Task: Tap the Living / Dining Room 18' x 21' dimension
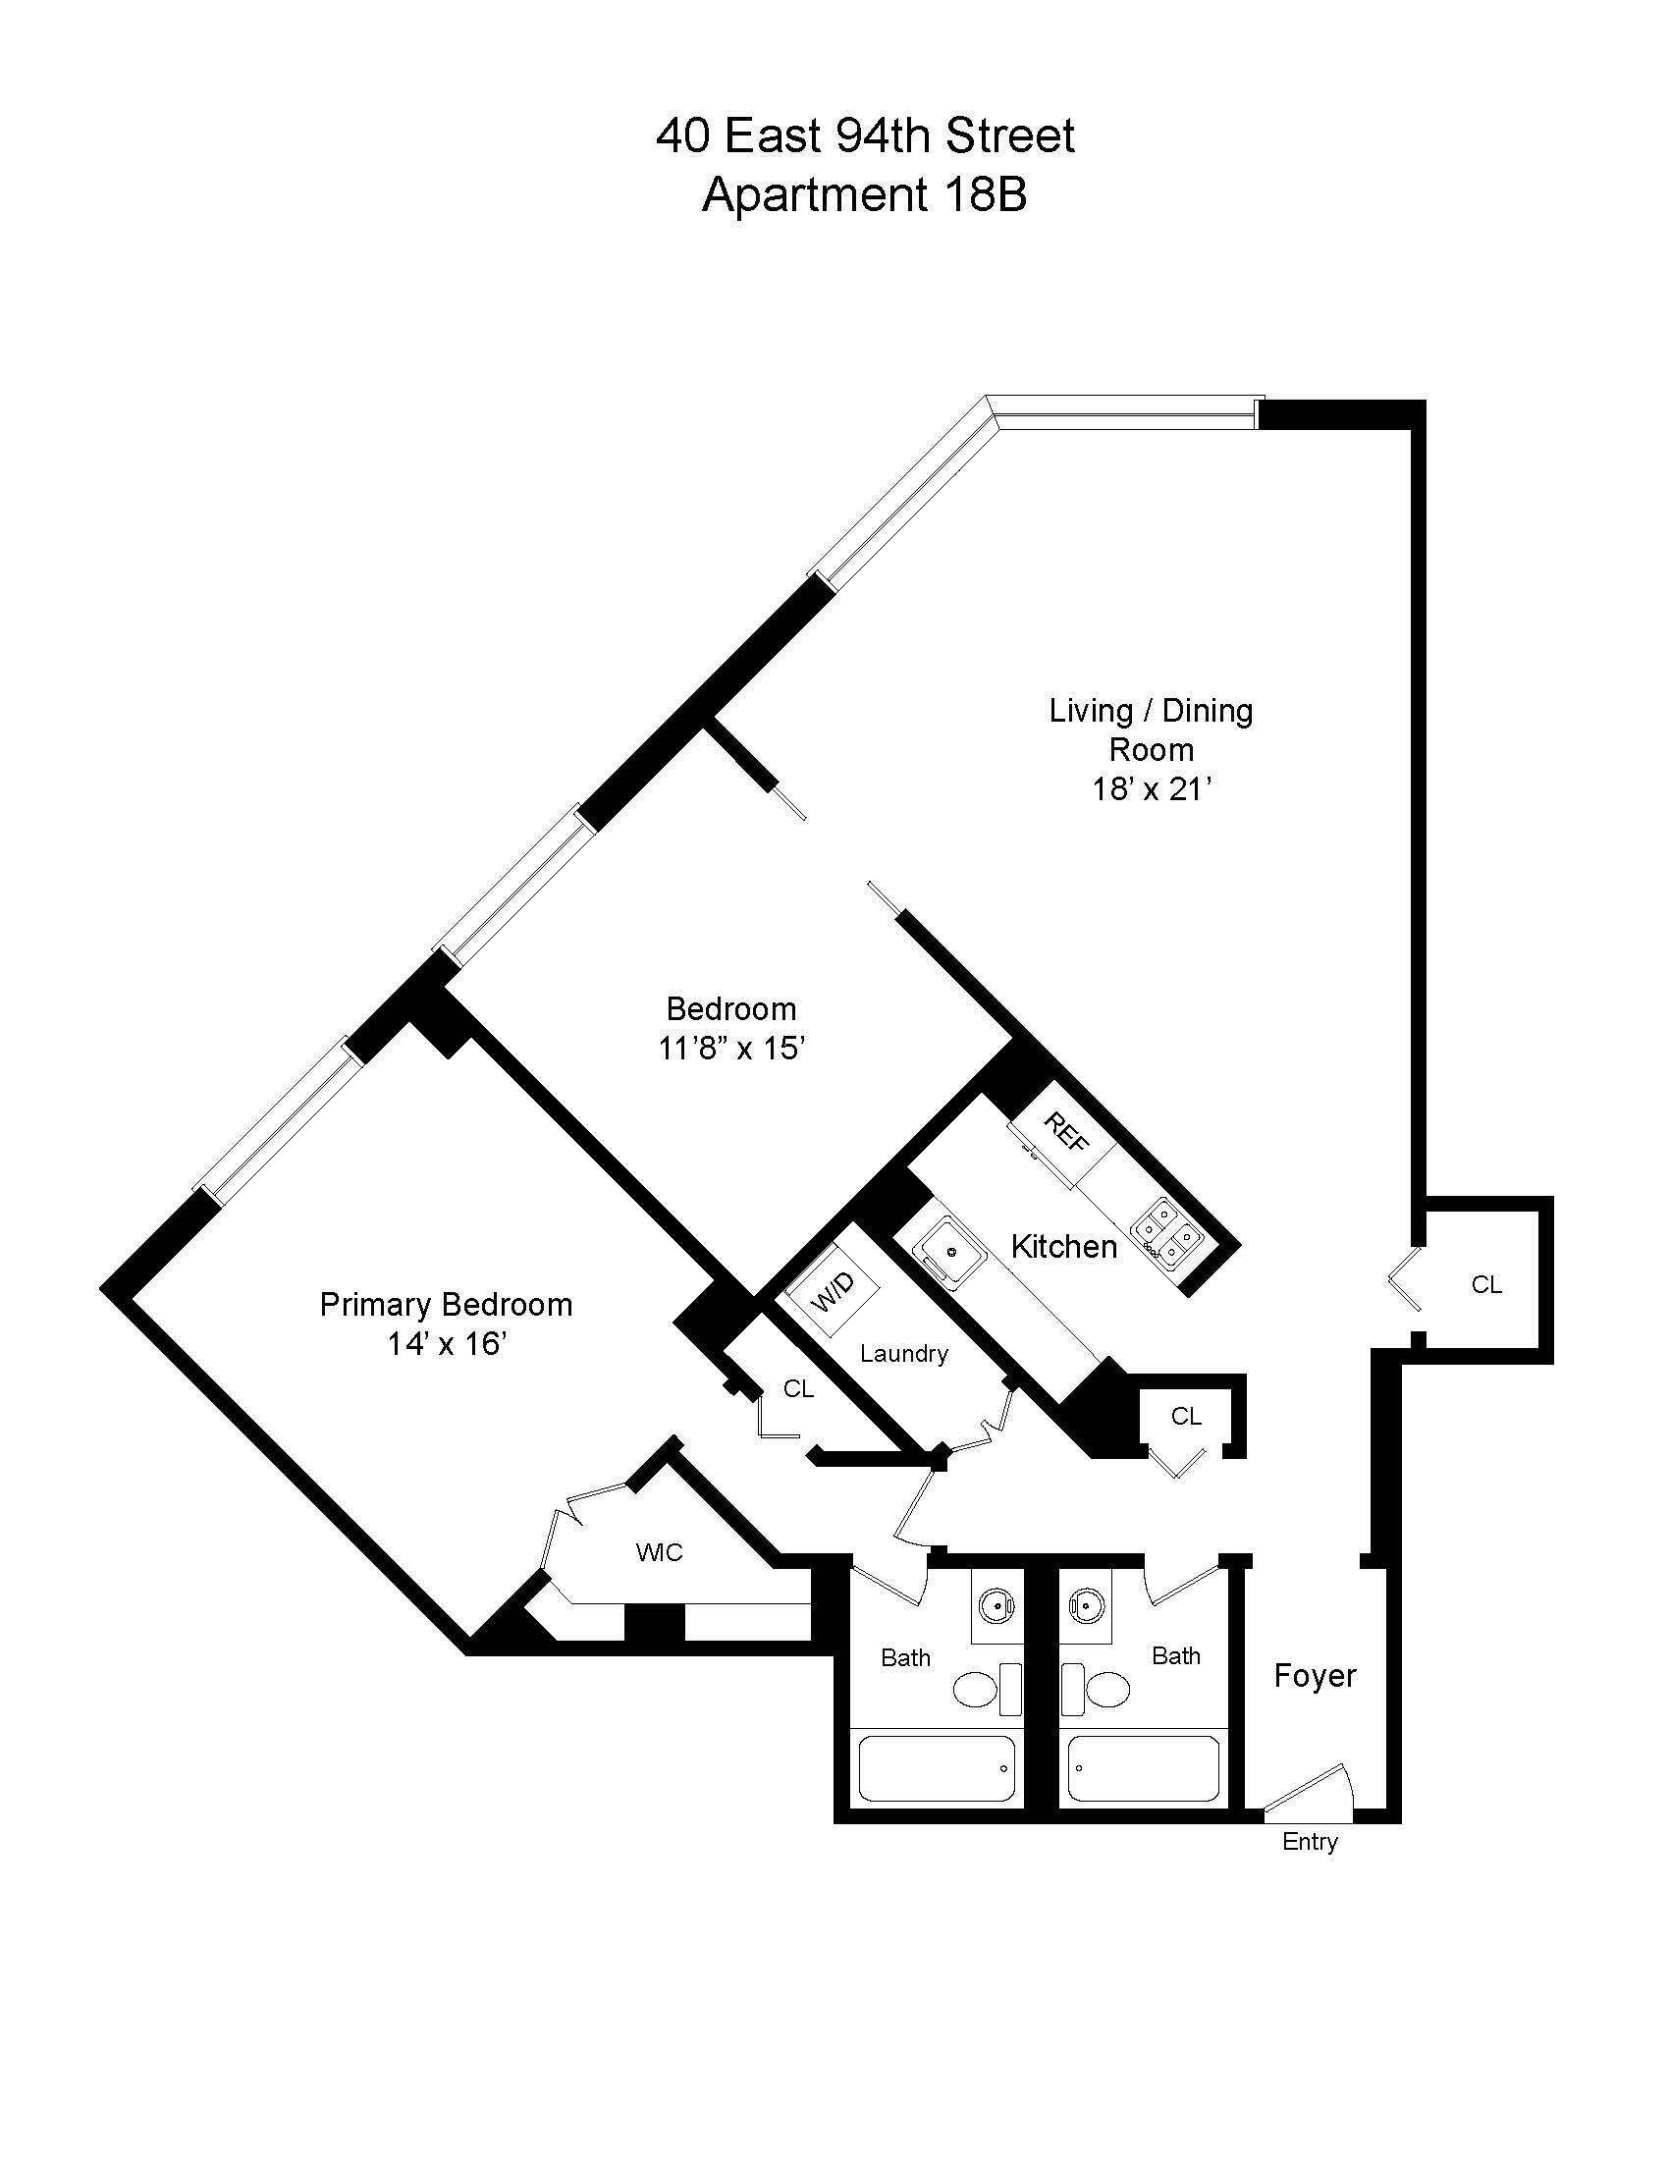click(x=1151, y=789)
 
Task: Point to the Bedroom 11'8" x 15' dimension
click(x=731, y=1048)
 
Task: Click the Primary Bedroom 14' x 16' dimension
click(x=446, y=1343)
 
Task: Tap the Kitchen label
click(x=1063, y=1246)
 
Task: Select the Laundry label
click(x=903, y=1354)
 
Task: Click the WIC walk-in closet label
click(x=659, y=1552)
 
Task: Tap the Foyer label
click(x=1314, y=1675)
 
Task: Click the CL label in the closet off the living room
click(x=1486, y=1285)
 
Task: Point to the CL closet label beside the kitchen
click(x=1186, y=1416)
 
